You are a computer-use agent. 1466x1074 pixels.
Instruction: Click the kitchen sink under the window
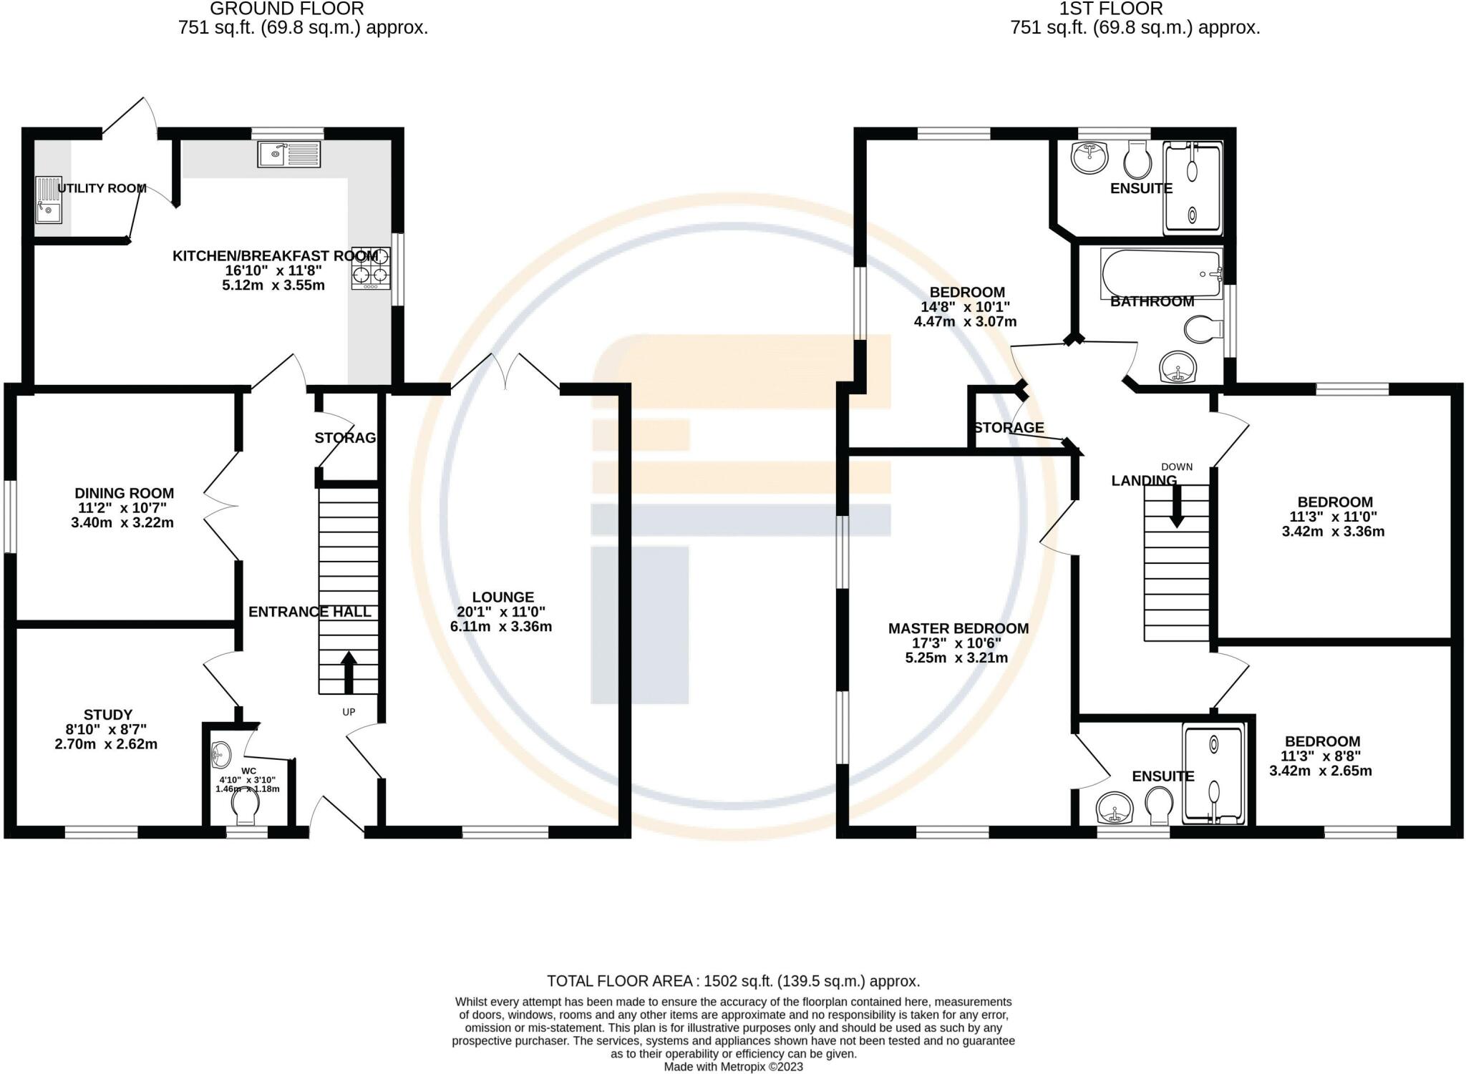[289, 154]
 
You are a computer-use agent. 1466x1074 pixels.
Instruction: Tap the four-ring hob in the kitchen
[371, 268]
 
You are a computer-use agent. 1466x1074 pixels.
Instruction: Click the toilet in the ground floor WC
[245, 810]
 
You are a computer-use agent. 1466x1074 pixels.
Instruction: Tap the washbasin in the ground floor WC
[220, 753]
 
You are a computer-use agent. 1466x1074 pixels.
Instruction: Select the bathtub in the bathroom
[1161, 274]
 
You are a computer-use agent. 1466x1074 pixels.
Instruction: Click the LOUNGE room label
[503, 597]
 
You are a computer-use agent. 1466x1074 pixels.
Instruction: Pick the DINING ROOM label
[125, 493]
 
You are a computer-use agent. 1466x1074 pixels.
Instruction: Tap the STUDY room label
[108, 714]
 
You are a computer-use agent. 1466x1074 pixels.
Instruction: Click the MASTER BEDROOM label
[958, 628]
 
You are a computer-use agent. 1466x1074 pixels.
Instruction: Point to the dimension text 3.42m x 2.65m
[1321, 771]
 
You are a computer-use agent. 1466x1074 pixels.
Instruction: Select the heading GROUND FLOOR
[287, 9]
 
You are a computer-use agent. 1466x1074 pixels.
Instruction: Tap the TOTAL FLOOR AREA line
[733, 981]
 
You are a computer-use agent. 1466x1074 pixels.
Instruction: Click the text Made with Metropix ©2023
[733, 1067]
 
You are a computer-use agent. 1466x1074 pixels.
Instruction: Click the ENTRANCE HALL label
[310, 612]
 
